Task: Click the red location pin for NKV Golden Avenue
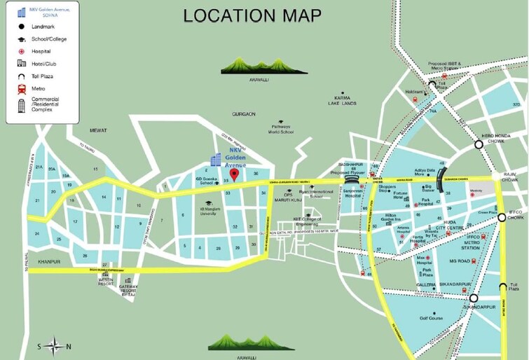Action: (235, 174)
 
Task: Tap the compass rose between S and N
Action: (53, 345)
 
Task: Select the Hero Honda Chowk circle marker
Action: (479, 144)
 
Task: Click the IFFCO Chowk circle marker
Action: (502, 218)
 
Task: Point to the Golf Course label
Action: (431, 318)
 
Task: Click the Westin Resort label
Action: (107, 282)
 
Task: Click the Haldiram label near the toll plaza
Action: (413, 91)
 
